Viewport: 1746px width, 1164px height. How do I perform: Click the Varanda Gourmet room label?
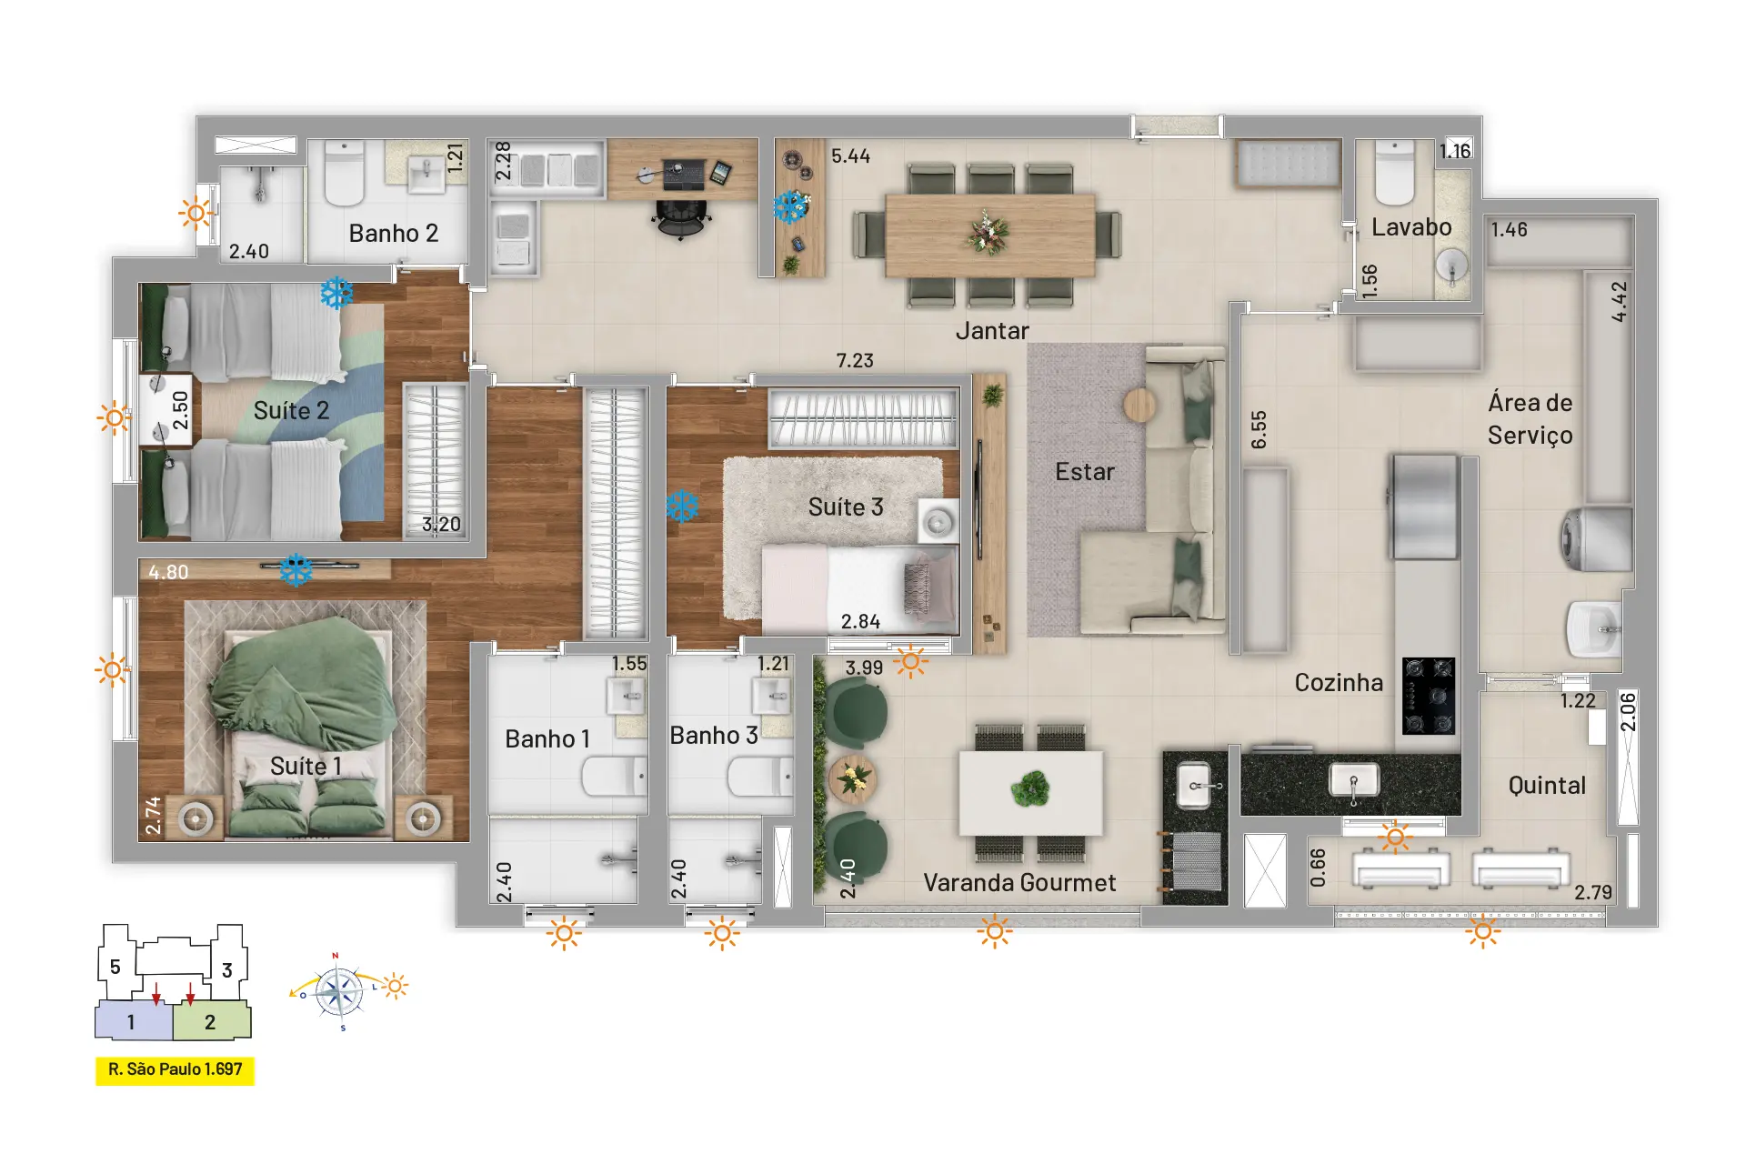tap(1019, 883)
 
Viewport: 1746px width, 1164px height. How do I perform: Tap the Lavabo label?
tap(1411, 227)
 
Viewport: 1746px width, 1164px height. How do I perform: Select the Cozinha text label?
tap(1339, 683)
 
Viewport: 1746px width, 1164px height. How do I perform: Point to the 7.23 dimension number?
tap(855, 361)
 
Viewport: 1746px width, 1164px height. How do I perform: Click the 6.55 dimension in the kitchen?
tap(1259, 429)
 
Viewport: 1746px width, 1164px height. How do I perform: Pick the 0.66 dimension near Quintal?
tap(1318, 868)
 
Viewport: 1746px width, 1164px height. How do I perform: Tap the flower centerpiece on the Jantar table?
tap(988, 233)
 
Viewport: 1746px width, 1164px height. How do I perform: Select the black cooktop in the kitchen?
tap(1429, 696)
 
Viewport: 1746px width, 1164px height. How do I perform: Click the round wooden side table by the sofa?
tap(1139, 405)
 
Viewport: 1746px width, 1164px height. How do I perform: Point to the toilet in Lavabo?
tap(1394, 172)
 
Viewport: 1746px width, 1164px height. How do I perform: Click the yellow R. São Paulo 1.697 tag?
tap(175, 1070)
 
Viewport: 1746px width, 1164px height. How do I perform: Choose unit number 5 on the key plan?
tap(115, 967)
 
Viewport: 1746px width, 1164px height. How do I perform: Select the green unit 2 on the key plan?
tap(211, 1020)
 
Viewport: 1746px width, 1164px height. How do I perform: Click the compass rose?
tap(339, 991)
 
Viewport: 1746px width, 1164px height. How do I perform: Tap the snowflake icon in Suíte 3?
tap(682, 507)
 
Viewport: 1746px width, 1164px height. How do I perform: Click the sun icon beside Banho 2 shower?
tap(196, 214)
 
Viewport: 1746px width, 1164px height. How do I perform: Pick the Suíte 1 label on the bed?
tap(306, 767)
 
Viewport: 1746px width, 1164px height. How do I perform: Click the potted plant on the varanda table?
tap(1030, 789)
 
